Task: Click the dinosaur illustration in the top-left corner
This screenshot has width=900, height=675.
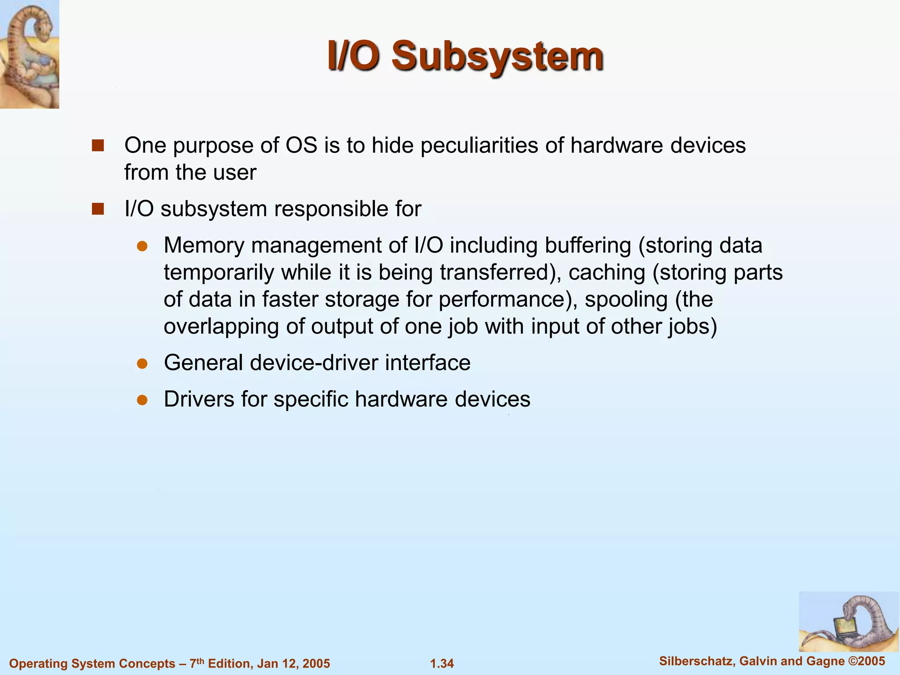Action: pos(29,54)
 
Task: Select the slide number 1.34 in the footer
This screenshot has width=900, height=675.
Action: pos(442,664)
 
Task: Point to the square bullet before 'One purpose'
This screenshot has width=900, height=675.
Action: pos(98,145)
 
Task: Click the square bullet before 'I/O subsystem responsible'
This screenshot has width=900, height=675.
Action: pos(98,209)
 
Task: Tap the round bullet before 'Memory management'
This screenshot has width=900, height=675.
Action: pos(142,246)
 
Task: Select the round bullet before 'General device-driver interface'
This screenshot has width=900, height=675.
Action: pos(142,363)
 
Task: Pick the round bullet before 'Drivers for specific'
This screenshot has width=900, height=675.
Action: pos(142,400)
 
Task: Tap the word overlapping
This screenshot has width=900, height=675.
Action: pos(221,327)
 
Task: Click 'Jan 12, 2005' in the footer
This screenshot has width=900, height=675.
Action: pos(294,664)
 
